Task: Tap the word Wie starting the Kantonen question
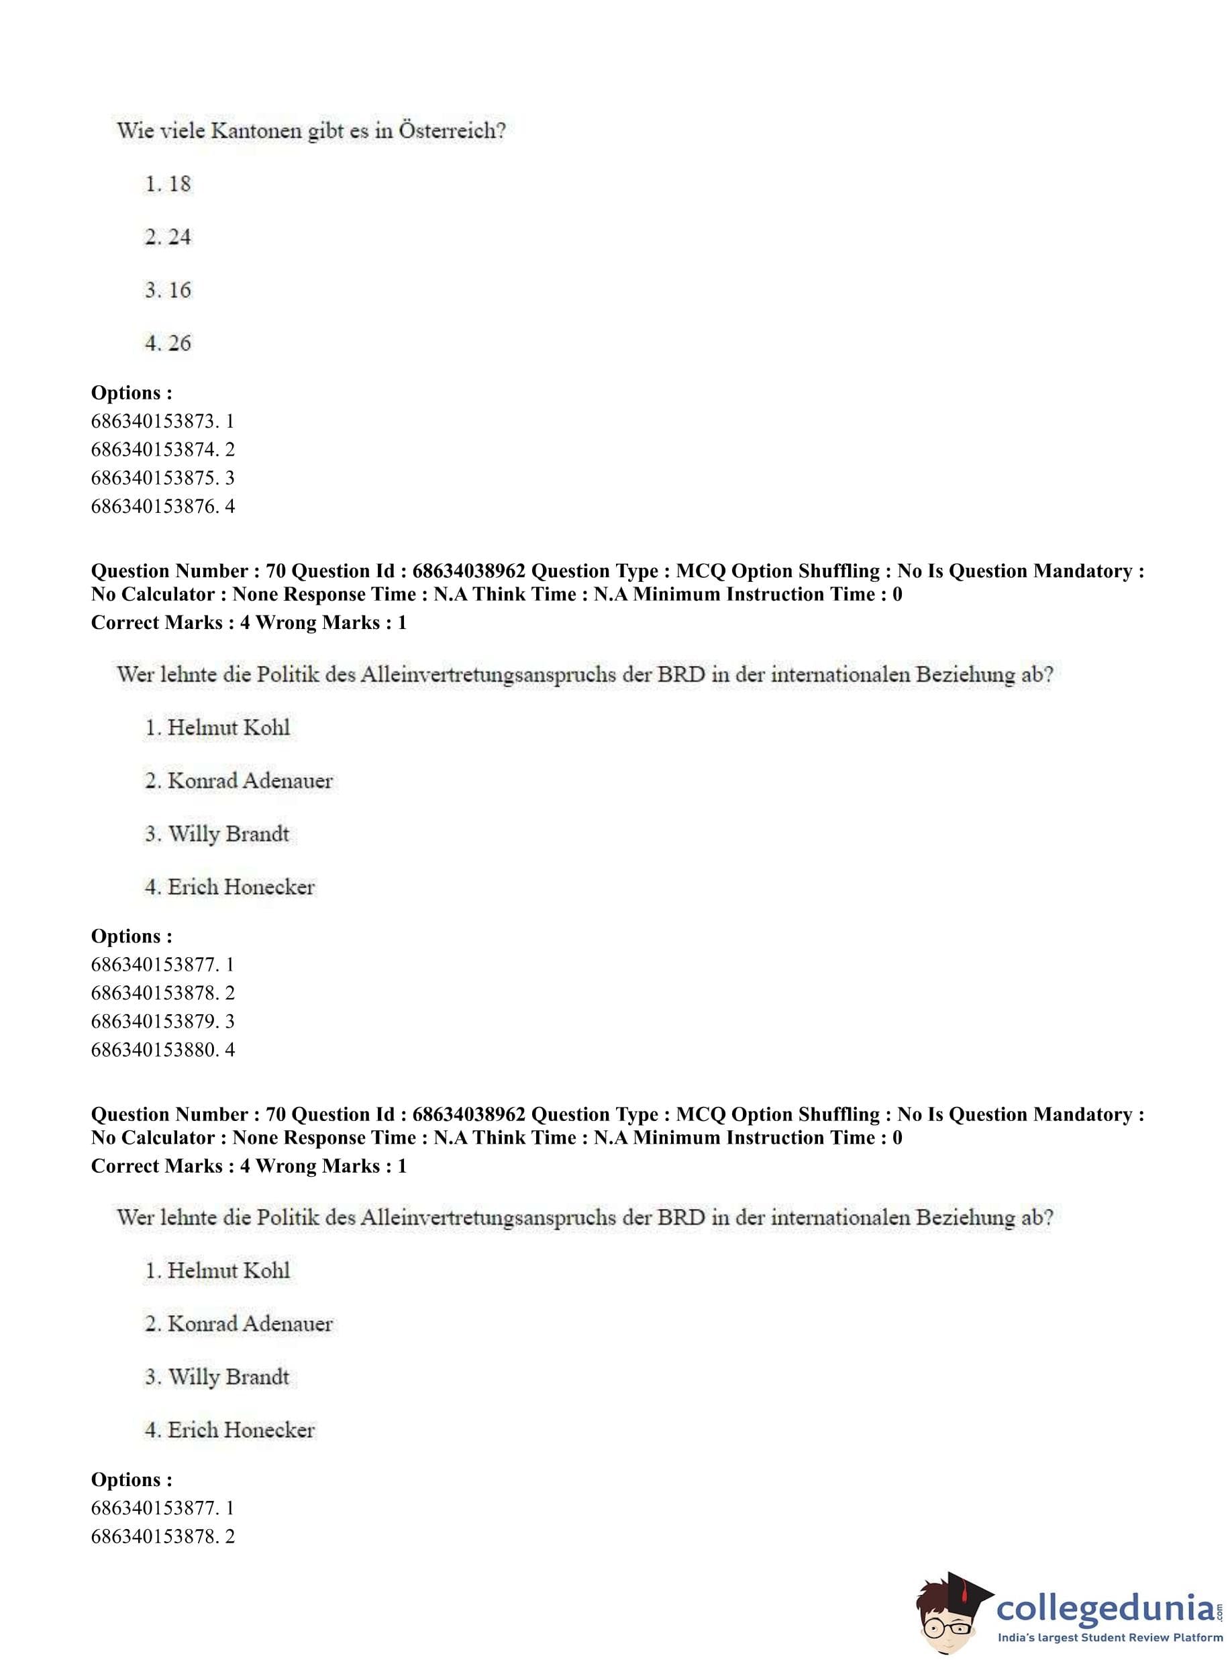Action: click(x=134, y=132)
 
